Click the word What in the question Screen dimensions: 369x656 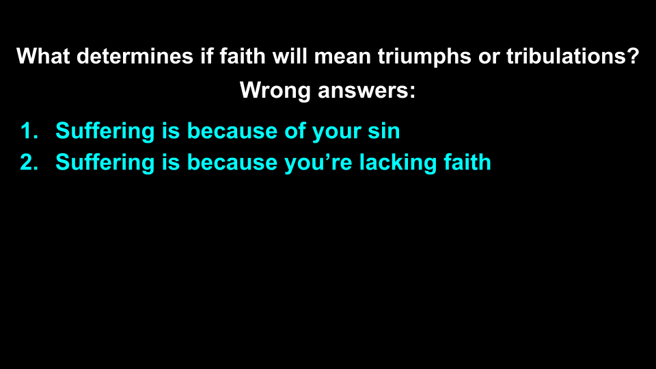(44, 56)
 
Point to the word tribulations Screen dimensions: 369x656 (564, 56)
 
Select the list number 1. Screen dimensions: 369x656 (27, 131)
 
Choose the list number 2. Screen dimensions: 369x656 (27, 163)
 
